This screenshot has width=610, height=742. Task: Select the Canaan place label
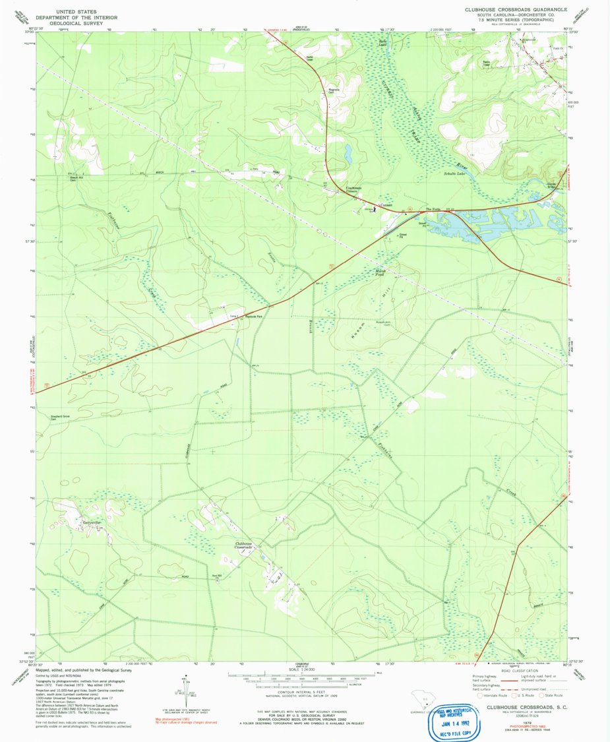click(386, 204)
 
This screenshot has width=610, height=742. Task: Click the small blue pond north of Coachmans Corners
click(348, 154)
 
